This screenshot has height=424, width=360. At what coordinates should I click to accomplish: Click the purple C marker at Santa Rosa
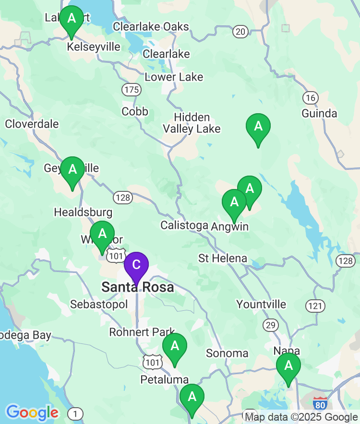tap(136, 265)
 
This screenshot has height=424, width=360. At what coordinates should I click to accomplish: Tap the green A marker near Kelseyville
tap(72, 19)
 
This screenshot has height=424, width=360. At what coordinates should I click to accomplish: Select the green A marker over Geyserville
tap(72, 170)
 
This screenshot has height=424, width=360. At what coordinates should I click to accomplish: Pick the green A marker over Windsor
tap(102, 235)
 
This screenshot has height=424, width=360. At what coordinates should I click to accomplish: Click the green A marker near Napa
tap(288, 366)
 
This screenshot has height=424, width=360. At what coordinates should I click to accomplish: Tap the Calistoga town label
tap(184, 225)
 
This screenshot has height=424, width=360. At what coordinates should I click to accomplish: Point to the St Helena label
tap(223, 259)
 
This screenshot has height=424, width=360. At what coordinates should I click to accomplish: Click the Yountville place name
tap(261, 305)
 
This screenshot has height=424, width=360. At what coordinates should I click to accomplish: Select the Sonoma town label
tap(227, 353)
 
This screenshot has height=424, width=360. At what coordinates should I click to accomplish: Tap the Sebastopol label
tap(99, 305)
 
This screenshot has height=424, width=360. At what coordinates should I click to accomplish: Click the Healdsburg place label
tap(83, 212)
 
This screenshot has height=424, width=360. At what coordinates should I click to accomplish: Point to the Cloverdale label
tap(32, 124)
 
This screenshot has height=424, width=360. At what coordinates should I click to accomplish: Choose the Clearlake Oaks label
tap(151, 27)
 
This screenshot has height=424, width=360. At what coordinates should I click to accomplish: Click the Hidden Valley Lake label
tap(192, 123)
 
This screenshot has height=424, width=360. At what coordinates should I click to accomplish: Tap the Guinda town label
tap(319, 114)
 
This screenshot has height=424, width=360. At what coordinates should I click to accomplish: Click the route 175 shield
tap(131, 90)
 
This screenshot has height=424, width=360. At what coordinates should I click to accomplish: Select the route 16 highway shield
tap(311, 98)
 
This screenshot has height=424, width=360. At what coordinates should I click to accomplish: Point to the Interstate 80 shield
tap(321, 403)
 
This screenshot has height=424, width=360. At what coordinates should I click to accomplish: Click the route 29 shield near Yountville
tap(270, 325)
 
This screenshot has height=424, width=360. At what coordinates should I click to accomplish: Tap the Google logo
tap(32, 412)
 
